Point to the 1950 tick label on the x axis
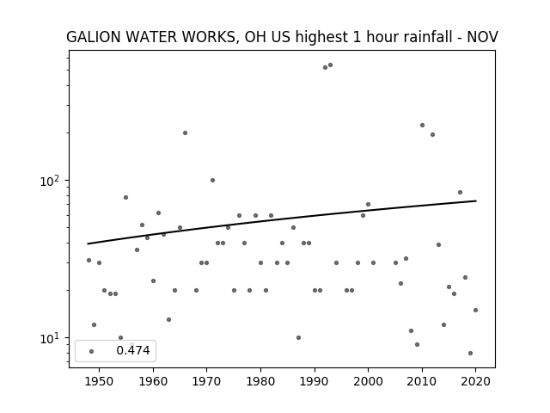tap(100, 381)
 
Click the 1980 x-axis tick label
tap(260, 381)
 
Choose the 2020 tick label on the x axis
tap(475, 381)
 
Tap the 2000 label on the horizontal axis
tap(368, 381)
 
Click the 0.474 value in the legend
tap(133, 350)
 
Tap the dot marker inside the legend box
tap(92, 351)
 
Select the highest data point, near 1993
tap(330, 65)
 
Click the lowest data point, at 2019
tap(470, 353)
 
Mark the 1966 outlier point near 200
tap(186, 133)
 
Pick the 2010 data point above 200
tap(422, 125)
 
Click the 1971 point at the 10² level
tap(212, 180)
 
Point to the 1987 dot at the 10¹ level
tap(298, 337)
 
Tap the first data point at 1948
tap(89, 260)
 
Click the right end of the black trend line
tap(476, 200)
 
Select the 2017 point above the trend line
tap(461, 192)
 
